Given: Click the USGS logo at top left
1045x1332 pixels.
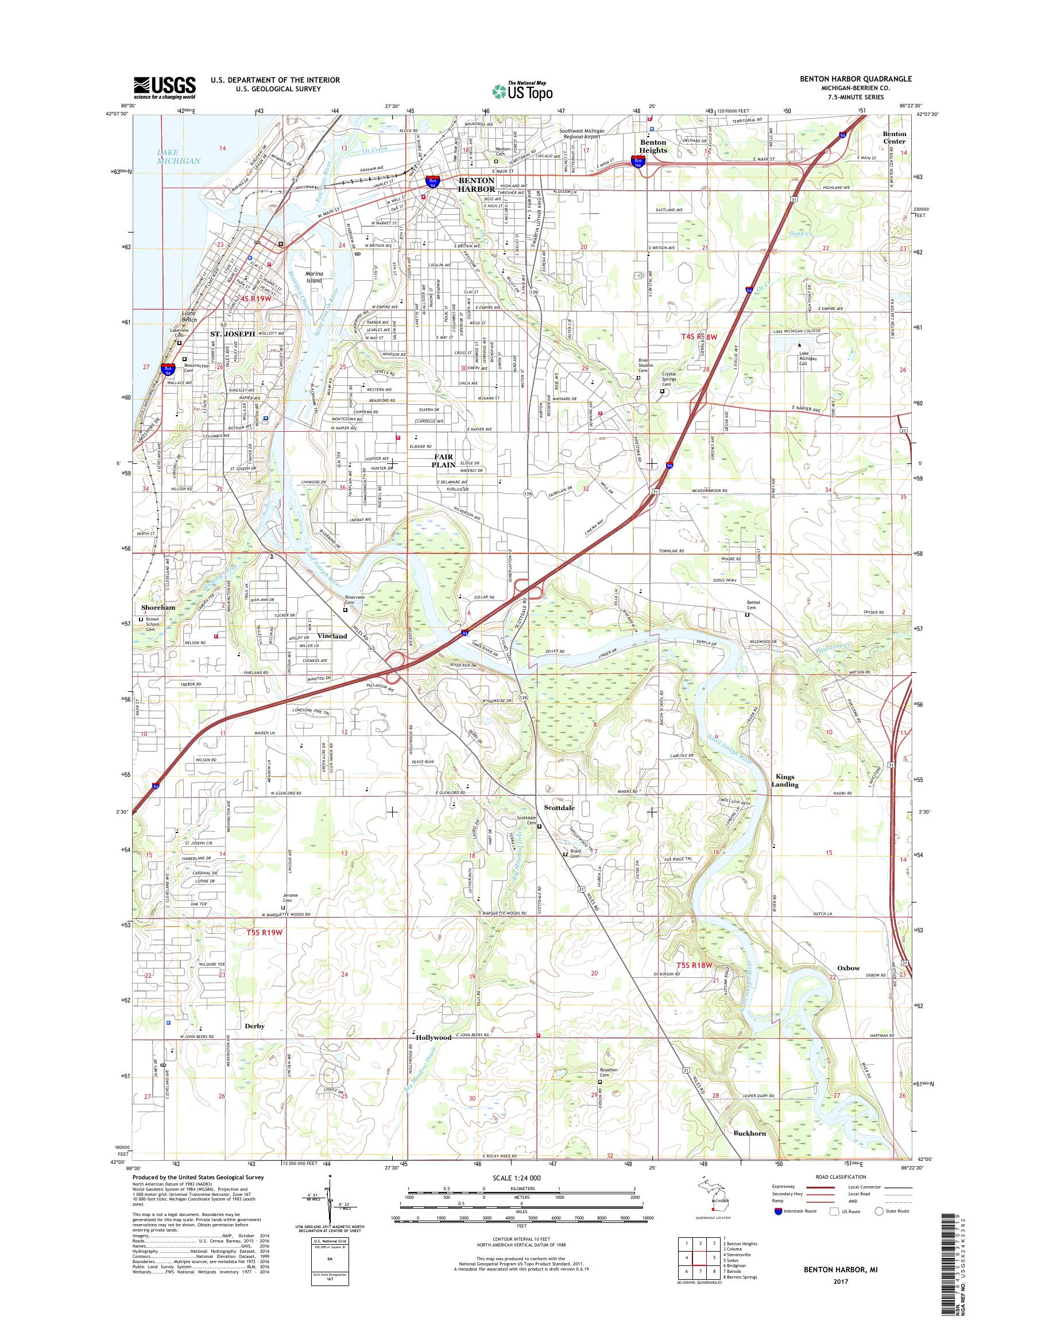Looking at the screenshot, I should (x=165, y=88).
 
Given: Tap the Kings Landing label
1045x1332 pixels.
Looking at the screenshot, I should (x=785, y=781).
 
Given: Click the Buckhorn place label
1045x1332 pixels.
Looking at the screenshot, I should (x=749, y=1133).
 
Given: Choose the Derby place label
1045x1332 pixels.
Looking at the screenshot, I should (x=254, y=1026).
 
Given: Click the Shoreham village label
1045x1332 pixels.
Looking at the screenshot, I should (x=158, y=607).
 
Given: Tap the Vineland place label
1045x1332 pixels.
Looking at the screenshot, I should (x=332, y=636).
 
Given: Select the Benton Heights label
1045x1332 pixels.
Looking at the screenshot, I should (x=653, y=146).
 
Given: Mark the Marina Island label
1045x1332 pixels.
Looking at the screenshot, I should (x=314, y=277).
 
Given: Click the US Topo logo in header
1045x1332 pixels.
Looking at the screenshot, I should (x=522, y=91).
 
